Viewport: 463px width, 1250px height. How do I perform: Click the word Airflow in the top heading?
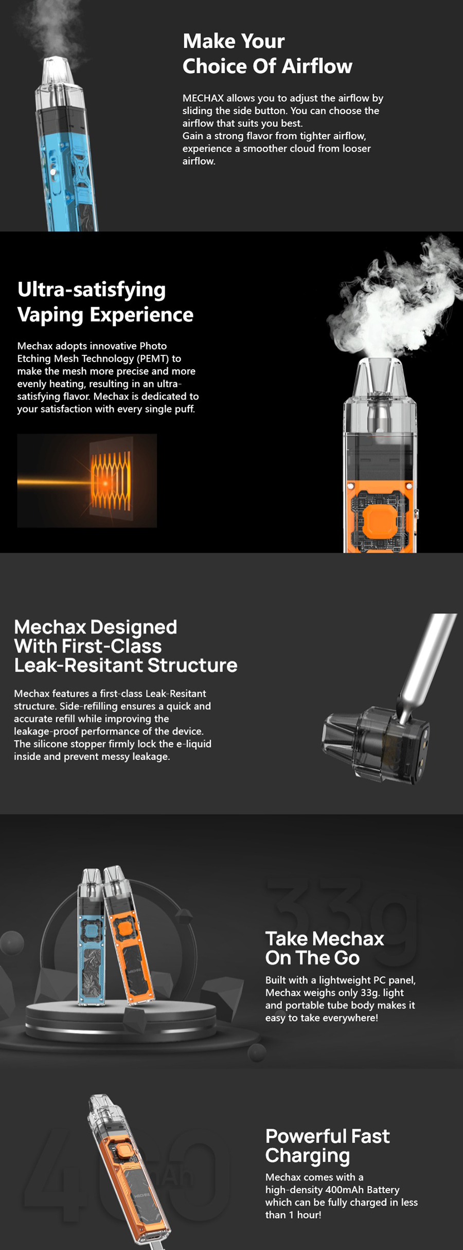(317, 66)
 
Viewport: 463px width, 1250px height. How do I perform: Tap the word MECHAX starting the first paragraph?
(203, 98)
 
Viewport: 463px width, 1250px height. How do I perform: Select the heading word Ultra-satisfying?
(92, 290)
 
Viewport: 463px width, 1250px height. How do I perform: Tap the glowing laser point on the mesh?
(105, 483)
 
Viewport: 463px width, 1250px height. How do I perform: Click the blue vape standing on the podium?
(92, 941)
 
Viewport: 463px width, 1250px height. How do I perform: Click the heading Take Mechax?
(324, 939)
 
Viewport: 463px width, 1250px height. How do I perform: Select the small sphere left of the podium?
(11, 943)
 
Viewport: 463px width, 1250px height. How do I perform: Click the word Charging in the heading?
(307, 1155)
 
